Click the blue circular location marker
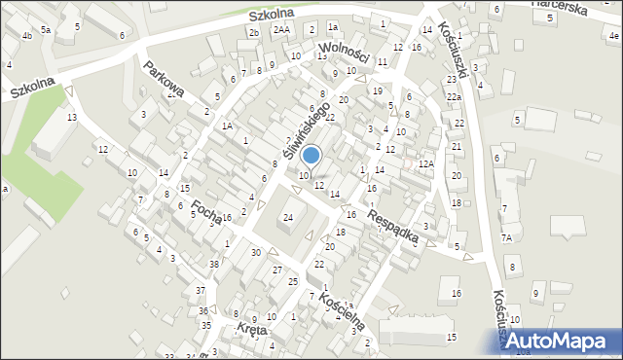click(311, 155)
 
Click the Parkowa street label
click(163, 81)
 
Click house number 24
click(288, 217)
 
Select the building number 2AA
click(282, 30)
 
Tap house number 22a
click(454, 97)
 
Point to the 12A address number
click(425, 163)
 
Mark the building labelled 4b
click(27, 36)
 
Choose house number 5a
click(45, 30)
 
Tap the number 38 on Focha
click(214, 265)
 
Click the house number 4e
click(613, 36)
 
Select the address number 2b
click(254, 33)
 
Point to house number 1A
click(226, 126)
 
